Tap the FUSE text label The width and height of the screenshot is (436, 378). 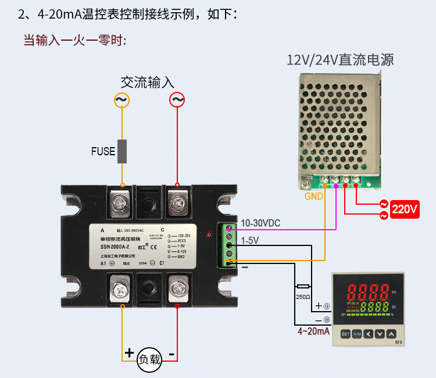103,152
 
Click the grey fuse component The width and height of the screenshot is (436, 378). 122,151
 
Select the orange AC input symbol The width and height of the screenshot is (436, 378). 121,101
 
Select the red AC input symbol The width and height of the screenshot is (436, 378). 177,101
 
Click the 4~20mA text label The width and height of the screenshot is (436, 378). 313,331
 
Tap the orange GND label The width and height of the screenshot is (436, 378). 314,196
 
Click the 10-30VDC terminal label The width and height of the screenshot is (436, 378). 260,223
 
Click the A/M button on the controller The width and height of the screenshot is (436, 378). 358,334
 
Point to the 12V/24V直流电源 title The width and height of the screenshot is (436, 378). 340,60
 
